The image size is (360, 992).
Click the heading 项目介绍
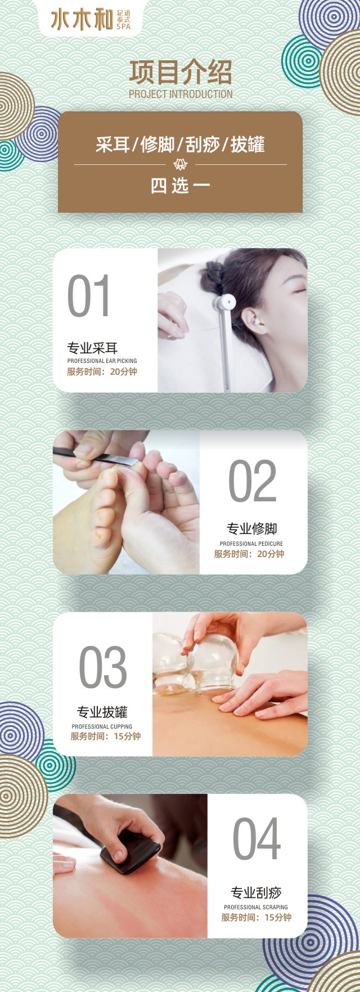coord(181,73)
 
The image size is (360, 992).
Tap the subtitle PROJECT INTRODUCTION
coord(181,94)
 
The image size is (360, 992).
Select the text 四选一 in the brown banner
coord(180,186)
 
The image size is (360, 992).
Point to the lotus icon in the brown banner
coord(181,164)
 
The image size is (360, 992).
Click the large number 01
coord(89,297)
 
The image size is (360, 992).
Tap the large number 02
coord(252,481)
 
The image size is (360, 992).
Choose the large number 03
coord(102,667)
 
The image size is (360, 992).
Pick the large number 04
coord(256,839)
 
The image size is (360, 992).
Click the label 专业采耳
coord(92,348)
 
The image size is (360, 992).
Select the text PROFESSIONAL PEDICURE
coord(251,544)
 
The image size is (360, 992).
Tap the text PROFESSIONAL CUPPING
coord(102,726)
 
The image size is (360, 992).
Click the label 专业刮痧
coord(256,892)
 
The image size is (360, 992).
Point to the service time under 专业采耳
coord(102,371)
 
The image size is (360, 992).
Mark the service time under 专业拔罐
coord(105,736)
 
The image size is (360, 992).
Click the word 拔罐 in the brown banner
coord(248,145)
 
